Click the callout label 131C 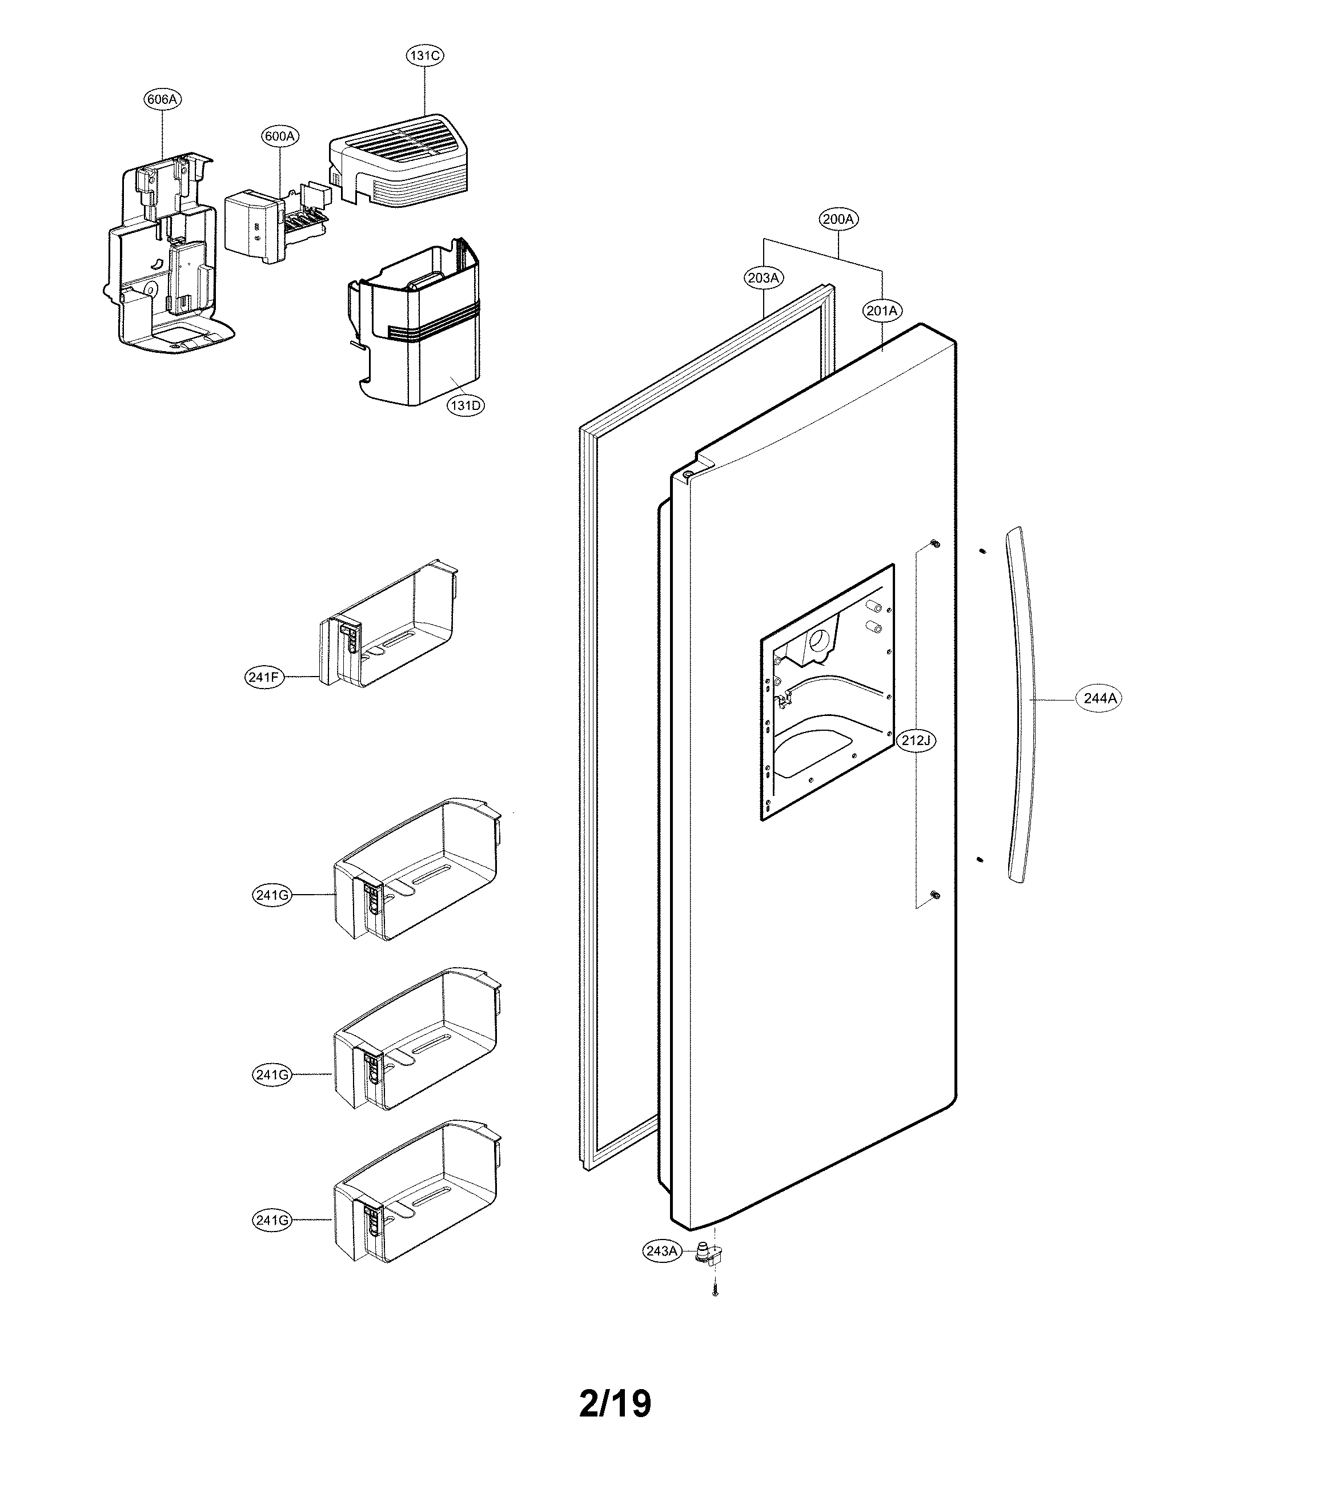point(426,55)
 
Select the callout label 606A point(162,99)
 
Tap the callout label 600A point(280,136)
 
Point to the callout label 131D point(466,405)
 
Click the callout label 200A point(838,219)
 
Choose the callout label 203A point(763,277)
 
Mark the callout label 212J point(916,740)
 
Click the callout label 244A point(1100,698)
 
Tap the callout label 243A point(661,1250)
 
